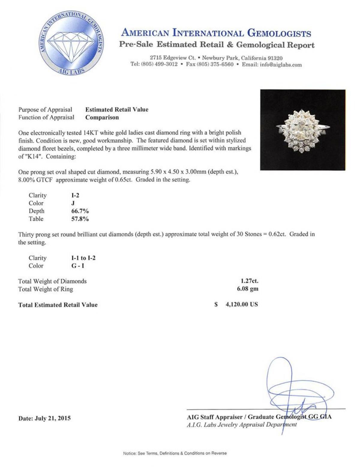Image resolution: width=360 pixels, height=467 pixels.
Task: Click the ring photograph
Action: (x=302, y=130)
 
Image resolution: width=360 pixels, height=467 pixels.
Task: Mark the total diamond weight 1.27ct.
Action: (x=249, y=281)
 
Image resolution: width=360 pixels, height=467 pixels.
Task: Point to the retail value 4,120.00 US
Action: (x=241, y=305)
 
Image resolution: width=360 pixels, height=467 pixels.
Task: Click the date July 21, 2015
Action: (x=45, y=418)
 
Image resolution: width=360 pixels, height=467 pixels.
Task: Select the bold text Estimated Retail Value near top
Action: (x=117, y=110)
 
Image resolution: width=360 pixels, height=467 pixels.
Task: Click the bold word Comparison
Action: (x=102, y=117)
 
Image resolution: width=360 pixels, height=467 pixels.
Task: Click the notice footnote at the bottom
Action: (x=175, y=454)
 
